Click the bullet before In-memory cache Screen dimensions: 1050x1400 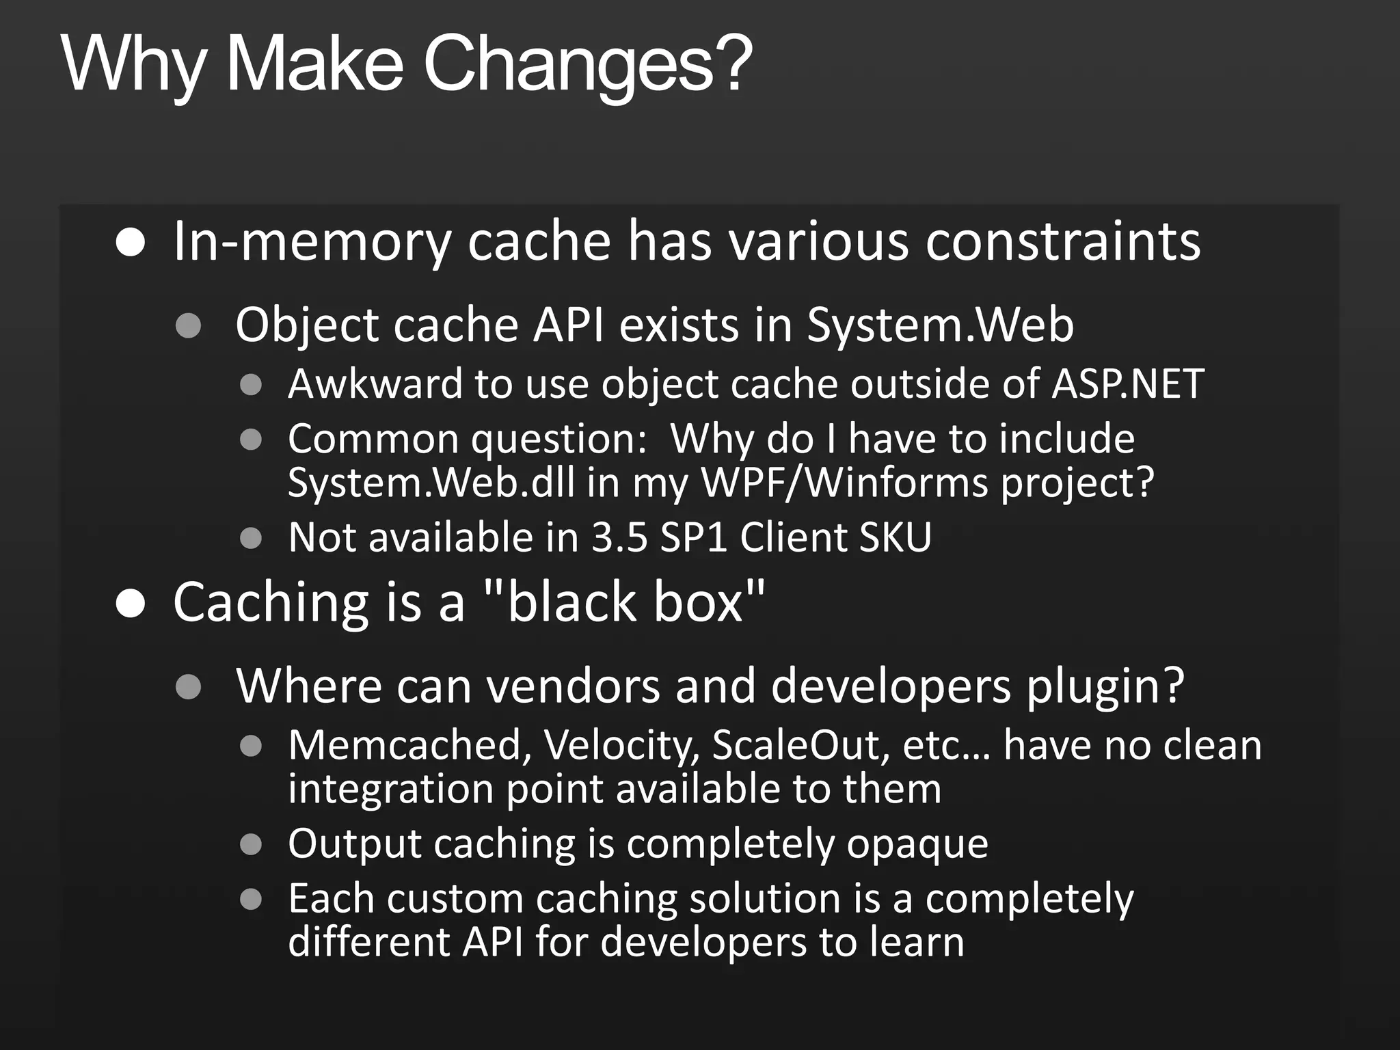tap(130, 242)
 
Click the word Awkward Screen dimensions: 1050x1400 tap(375, 383)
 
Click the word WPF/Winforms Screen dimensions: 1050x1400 tap(845, 483)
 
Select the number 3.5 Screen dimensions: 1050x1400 tap(619, 537)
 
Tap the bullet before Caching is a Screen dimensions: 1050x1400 tap(130, 603)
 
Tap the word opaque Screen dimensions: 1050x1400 tap(917, 844)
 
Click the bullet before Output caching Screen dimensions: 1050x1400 tap(252, 844)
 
